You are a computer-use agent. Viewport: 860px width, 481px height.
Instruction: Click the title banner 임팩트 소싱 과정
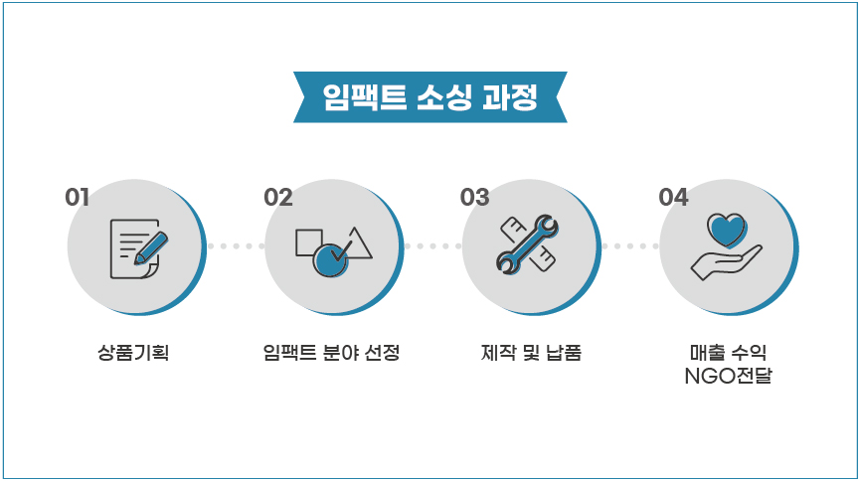[x=430, y=97]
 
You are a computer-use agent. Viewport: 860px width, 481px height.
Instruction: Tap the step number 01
[x=77, y=198]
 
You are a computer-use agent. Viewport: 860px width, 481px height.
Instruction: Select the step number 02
[x=278, y=198]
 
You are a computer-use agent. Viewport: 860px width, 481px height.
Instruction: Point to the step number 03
[x=474, y=198]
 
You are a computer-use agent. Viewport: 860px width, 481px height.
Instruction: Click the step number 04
[x=673, y=198]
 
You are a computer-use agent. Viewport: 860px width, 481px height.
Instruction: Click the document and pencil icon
[x=139, y=249]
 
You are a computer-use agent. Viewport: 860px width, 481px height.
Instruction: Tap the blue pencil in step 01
[x=151, y=248]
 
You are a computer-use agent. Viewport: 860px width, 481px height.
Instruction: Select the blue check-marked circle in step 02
[x=331, y=260]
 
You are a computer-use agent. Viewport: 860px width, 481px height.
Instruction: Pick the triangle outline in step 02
[x=356, y=245]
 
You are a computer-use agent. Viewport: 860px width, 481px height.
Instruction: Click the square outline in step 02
[x=308, y=242]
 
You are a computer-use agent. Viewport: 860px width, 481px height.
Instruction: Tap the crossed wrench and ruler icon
[x=527, y=244]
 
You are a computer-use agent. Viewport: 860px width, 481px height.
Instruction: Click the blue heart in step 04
[x=727, y=230]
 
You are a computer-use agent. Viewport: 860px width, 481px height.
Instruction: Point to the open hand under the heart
[x=726, y=262]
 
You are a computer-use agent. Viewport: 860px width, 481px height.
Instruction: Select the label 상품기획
[x=133, y=352]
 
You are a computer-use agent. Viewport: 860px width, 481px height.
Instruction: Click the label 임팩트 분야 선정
[x=331, y=352]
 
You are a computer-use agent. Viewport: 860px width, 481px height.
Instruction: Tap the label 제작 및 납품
[x=531, y=352]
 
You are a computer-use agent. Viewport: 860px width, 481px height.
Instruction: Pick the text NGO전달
[x=729, y=376]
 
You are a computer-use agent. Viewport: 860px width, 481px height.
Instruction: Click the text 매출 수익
[x=729, y=352]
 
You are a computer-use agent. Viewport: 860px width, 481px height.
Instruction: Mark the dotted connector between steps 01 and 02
[x=236, y=246]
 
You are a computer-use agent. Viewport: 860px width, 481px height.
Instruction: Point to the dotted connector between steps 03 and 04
[x=630, y=246]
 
